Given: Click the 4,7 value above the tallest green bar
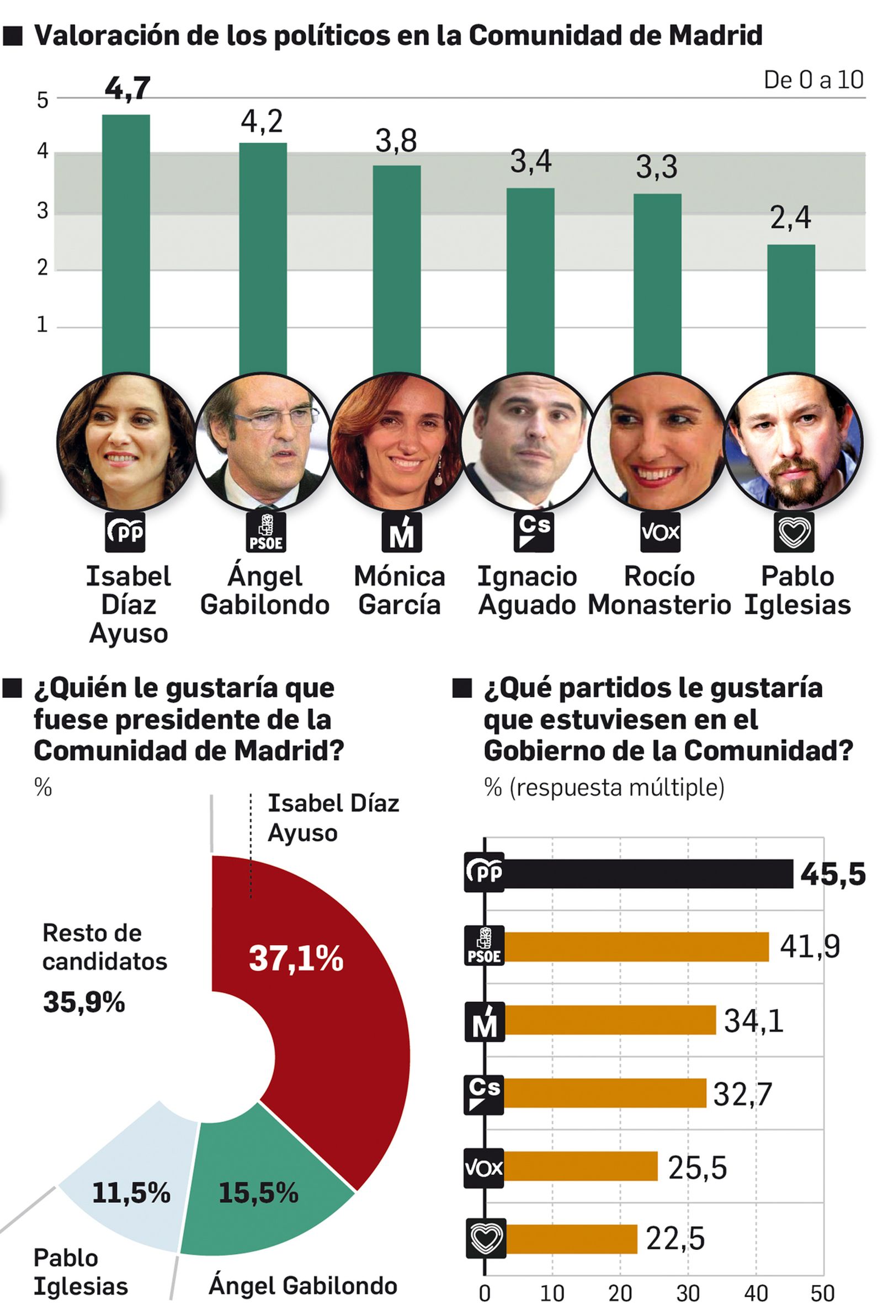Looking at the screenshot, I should (127, 88).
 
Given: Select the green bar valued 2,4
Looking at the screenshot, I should (790, 309).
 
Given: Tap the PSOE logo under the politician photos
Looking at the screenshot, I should (265, 531).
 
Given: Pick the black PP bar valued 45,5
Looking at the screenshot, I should (648, 874).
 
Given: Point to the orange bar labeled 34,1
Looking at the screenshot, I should (610, 1020).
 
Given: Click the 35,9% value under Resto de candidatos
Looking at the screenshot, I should (84, 1002).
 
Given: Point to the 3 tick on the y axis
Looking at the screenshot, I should (42, 211).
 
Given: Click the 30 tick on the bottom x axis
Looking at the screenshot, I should (688, 1293).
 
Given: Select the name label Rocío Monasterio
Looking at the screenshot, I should (659, 591).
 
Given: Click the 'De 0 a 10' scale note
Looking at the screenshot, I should (813, 80).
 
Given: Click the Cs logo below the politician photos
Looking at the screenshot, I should (533, 531).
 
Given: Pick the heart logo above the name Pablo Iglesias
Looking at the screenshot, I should (793, 531).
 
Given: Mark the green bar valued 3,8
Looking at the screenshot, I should (396, 269).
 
